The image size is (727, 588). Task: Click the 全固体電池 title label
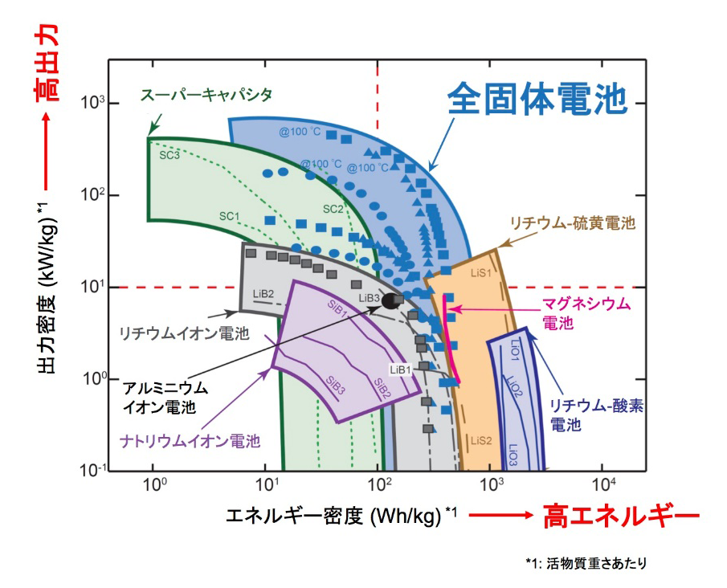537,98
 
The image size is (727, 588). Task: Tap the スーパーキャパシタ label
206,95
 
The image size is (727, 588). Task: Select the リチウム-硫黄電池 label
573,223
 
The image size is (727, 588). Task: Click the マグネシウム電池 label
586,313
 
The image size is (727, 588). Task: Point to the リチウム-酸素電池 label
596,415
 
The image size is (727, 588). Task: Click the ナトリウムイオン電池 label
190,440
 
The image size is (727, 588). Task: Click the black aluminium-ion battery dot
390,301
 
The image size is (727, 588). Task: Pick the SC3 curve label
169,155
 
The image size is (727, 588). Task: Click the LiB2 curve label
263,294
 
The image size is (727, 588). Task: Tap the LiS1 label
481,273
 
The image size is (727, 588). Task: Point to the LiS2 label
481,440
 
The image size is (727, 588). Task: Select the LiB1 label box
401,370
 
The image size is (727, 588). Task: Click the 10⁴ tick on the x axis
604,484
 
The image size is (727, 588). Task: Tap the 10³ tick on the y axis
92,103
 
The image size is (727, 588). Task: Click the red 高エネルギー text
621,517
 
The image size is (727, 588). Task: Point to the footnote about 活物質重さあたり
586,563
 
